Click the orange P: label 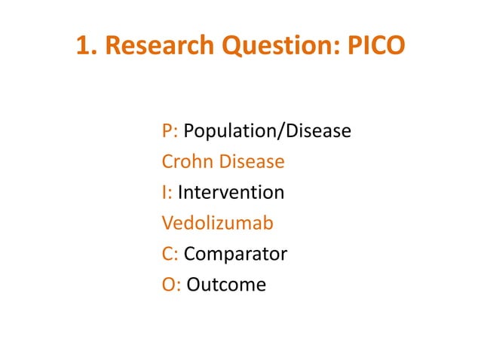point(170,131)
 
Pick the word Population point(231,131)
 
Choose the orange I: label point(167,193)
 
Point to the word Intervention point(231,193)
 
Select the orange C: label point(170,255)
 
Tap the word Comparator point(235,255)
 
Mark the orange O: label point(171,285)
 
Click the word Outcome point(226,285)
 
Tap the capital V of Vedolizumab point(167,224)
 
